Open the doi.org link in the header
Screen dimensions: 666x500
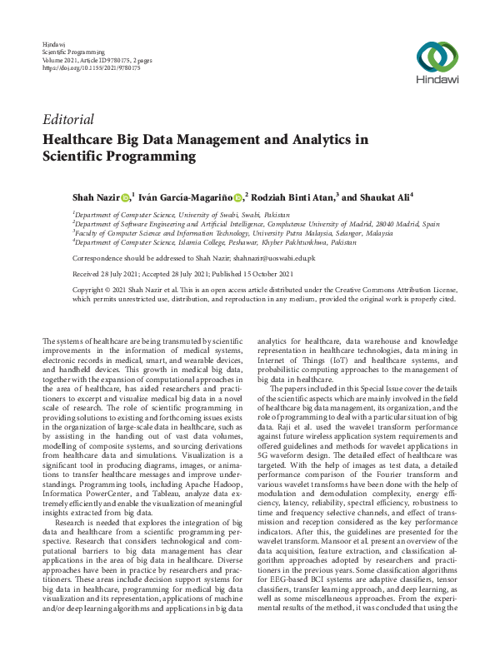pyautogui.click(x=91, y=67)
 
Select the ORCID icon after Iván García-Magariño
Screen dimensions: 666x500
pyautogui.click(x=237, y=197)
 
